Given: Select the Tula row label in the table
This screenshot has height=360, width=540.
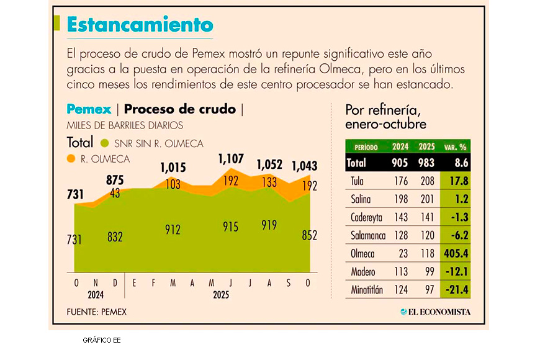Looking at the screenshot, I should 358,182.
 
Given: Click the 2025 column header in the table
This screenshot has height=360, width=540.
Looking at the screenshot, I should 426,147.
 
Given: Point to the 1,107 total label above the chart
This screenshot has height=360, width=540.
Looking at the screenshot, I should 231,160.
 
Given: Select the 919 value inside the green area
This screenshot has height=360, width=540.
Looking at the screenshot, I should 269,225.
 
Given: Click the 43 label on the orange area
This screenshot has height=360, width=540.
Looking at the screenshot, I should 115,193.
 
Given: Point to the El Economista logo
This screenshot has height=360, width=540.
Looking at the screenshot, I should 435,312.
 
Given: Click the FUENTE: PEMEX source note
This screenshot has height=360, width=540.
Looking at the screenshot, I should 96,312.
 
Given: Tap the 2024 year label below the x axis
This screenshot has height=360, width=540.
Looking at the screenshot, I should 95,295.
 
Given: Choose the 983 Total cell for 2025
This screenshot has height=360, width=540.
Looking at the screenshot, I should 426,163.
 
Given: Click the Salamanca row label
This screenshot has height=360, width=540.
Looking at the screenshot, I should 368,235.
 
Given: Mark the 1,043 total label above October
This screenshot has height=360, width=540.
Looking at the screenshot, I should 305,166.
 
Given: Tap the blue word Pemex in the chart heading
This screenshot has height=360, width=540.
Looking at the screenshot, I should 89,109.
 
